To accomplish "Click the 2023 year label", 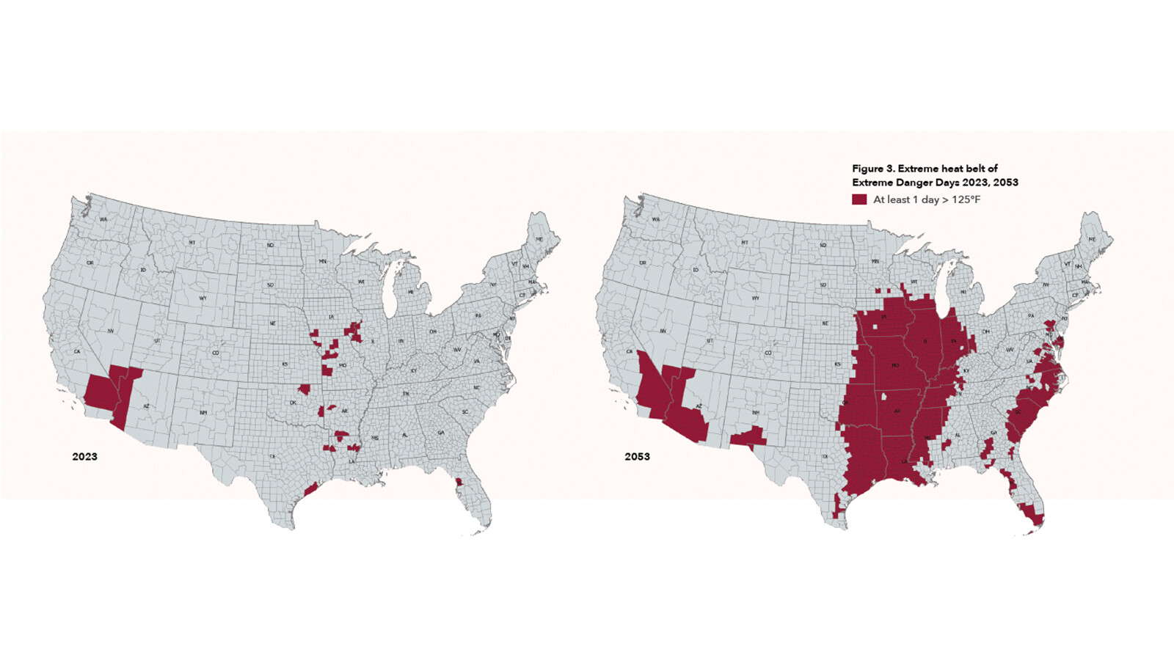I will (x=84, y=456).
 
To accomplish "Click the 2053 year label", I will (x=637, y=456).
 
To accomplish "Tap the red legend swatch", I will (x=859, y=199).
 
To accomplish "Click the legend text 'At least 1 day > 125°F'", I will (x=926, y=199).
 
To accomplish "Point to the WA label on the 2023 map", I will (x=103, y=219).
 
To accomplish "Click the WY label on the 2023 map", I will (x=203, y=298).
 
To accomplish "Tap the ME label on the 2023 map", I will (x=539, y=239).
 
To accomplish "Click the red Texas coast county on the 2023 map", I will (x=310, y=489).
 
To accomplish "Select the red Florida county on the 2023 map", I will (x=459, y=483).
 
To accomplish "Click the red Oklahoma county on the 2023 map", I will (x=304, y=389).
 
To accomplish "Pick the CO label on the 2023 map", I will (x=216, y=353).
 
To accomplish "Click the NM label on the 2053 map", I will (x=756, y=413).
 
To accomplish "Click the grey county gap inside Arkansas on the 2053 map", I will (x=885, y=397).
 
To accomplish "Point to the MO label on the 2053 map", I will (x=895, y=364).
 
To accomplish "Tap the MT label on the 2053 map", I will (x=745, y=242).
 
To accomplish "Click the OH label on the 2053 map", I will (x=985, y=331).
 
